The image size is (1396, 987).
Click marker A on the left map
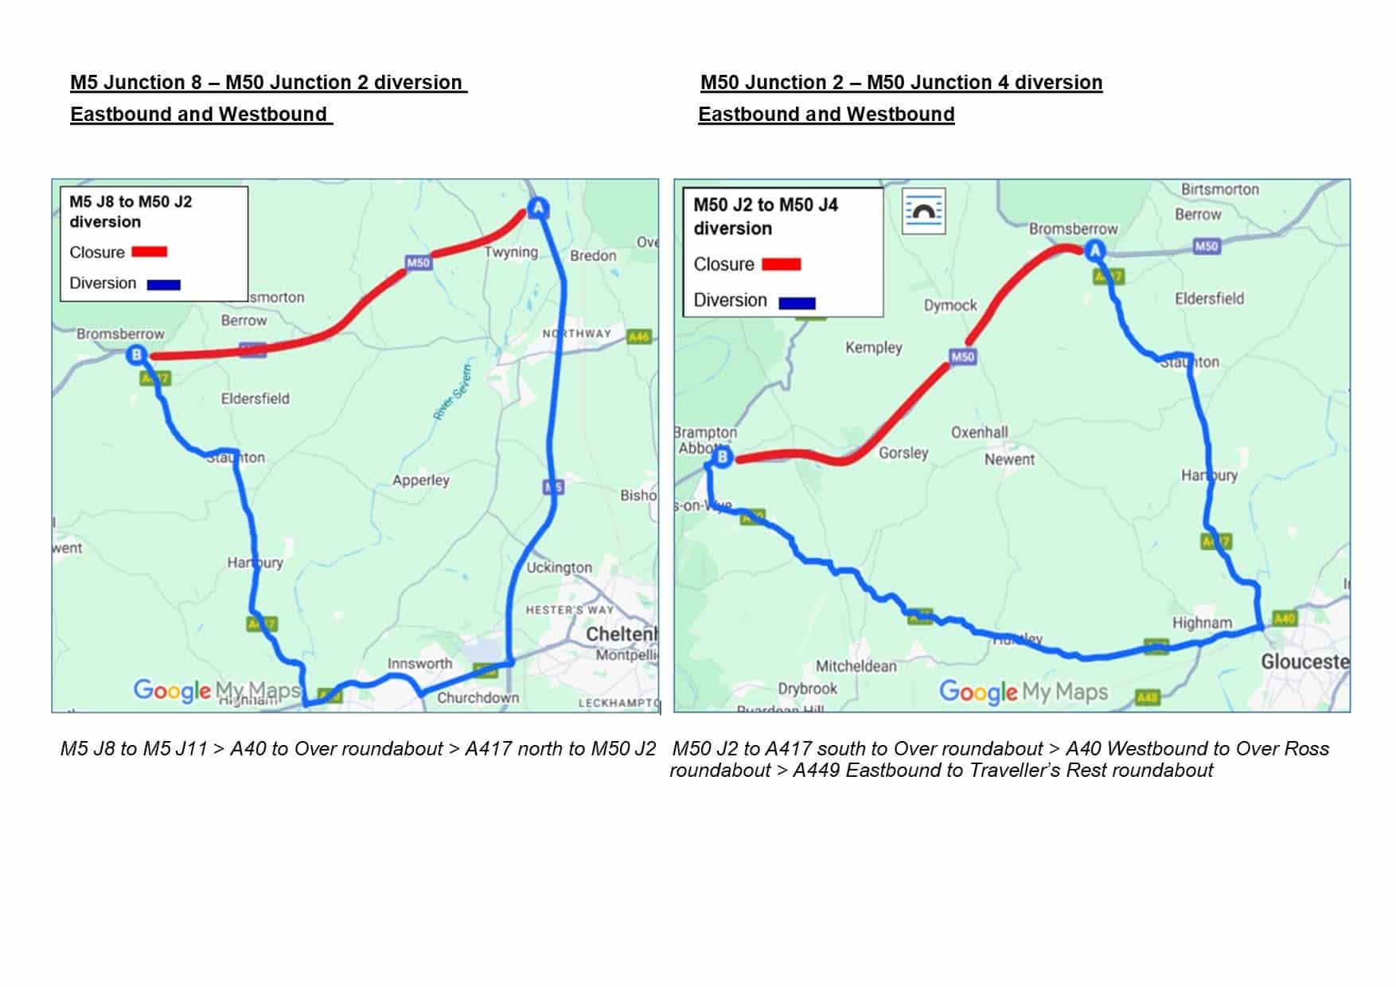point(539,209)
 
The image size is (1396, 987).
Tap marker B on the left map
point(137,354)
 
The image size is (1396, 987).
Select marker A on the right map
point(1095,251)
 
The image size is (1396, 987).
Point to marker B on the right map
point(722,457)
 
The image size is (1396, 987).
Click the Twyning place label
point(511,252)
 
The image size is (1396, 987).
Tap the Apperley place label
point(420,480)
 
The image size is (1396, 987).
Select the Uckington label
point(559,568)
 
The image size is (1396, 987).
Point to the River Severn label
point(452,391)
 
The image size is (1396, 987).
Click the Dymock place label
point(950,305)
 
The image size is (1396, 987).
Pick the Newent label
point(1009,459)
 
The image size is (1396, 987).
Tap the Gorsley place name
point(903,452)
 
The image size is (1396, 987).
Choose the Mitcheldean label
point(856,666)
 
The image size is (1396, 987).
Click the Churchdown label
point(478,698)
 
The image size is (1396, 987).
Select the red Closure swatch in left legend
point(149,252)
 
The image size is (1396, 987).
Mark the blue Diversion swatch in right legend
point(797,302)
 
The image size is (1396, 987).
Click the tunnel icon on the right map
point(923,211)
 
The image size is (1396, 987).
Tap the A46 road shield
point(638,337)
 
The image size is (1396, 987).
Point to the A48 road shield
point(1147,698)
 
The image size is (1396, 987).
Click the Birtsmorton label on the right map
point(1219,189)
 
